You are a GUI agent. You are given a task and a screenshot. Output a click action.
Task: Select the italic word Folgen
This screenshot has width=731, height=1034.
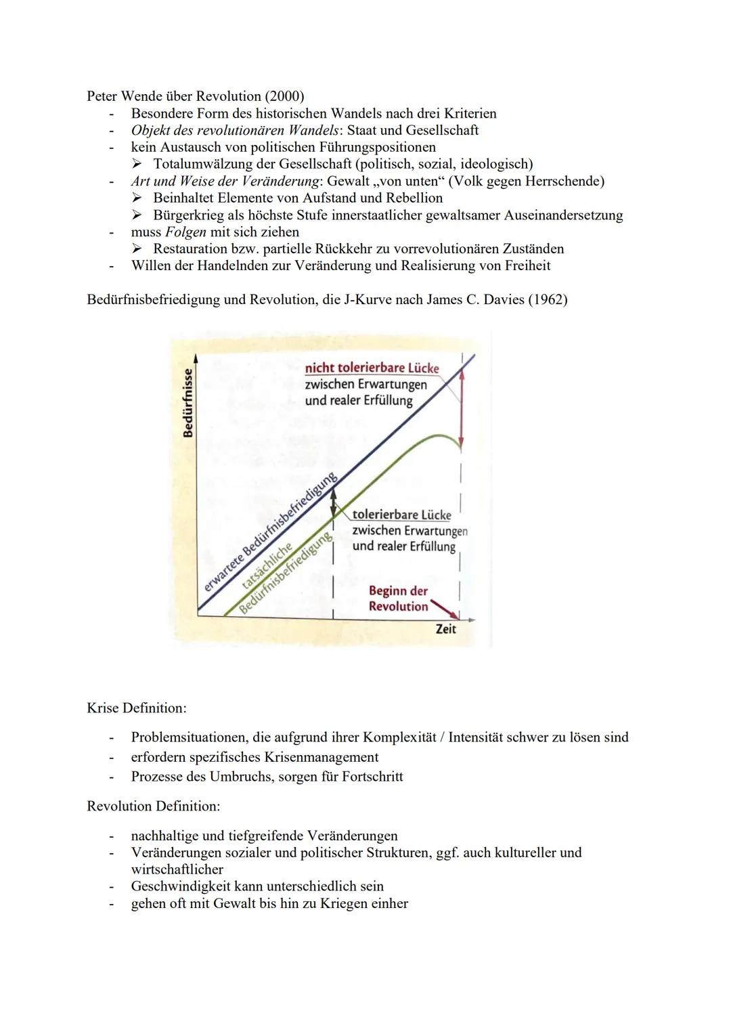[x=185, y=232]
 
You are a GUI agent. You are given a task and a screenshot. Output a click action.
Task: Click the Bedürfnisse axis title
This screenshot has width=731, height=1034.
[x=188, y=402]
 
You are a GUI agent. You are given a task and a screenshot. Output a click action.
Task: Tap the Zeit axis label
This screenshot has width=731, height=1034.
[x=445, y=629]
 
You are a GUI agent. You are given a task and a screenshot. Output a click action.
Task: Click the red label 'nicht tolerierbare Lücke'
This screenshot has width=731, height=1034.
[x=372, y=368]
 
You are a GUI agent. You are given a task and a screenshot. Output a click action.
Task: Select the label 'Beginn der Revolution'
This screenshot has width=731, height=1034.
[x=398, y=599]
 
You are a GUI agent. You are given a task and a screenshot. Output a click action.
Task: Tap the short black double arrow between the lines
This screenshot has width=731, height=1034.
[x=333, y=502]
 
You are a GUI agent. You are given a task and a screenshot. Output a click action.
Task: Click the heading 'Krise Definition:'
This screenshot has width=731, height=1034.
[x=136, y=708]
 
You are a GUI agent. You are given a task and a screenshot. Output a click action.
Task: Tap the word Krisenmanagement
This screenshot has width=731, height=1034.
[x=321, y=757]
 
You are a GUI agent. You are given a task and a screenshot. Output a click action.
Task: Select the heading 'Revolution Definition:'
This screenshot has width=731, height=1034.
[x=153, y=806]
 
